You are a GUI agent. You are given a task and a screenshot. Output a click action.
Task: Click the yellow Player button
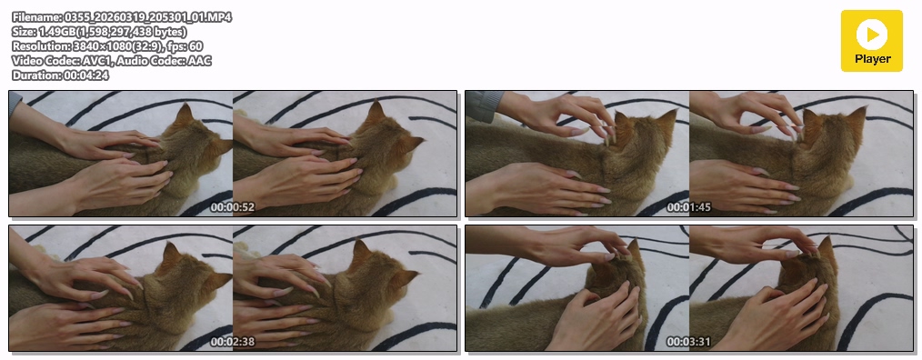pyautogui.click(x=871, y=41)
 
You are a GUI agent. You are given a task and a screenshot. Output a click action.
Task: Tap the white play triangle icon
pyautogui.click(x=873, y=34)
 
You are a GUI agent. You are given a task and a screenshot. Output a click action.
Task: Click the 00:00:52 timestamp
pyautogui.click(x=233, y=207)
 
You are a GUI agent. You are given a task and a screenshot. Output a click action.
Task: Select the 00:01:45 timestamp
pyautogui.click(x=689, y=207)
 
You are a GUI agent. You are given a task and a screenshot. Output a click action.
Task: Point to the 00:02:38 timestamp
pyautogui.click(x=233, y=342)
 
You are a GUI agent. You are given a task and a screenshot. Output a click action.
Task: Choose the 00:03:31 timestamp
pyautogui.click(x=689, y=342)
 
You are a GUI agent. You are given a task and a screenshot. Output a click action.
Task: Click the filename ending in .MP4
pyautogui.click(x=122, y=17)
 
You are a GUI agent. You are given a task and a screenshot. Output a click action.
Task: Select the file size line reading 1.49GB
pyautogui.click(x=99, y=32)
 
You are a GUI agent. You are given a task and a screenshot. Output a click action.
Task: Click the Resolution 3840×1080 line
pyautogui.click(x=107, y=45)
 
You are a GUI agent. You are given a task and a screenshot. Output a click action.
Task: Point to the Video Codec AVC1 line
pyautogui.click(x=112, y=61)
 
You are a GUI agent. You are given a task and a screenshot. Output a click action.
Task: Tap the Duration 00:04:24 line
pyautogui.click(x=60, y=75)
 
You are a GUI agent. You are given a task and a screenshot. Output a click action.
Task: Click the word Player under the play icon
pyautogui.click(x=873, y=59)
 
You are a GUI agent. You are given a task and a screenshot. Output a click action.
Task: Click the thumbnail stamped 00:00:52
pyautogui.click(x=233, y=154)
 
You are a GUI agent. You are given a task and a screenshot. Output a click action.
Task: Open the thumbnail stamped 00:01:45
pyautogui.click(x=689, y=154)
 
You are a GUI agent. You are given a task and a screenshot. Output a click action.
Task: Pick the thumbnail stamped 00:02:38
pyautogui.click(x=233, y=288)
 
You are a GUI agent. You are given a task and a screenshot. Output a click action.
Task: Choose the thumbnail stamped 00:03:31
pyautogui.click(x=689, y=288)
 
